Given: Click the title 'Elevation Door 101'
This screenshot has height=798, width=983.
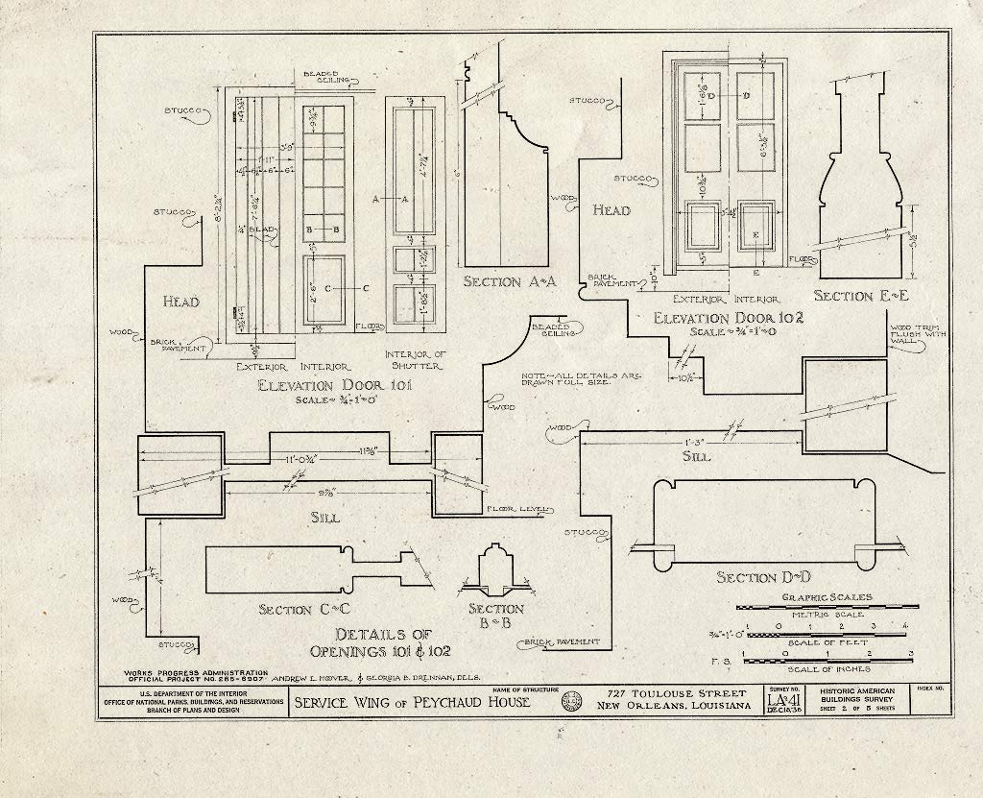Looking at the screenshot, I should pyautogui.click(x=333, y=386).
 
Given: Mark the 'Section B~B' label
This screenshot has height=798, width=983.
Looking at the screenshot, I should pyautogui.click(x=495, y=616).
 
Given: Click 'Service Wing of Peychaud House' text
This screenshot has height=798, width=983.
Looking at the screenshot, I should pyautogui.click(x=413, y=702).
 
